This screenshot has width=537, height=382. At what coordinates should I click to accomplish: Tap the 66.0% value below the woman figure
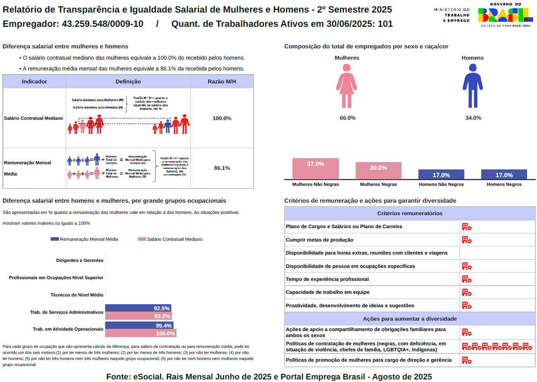tap(347, 118)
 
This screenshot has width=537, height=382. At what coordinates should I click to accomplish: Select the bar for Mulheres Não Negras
tap(315, 169)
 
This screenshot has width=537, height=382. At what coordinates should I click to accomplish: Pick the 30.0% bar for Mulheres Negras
tap(378, 171)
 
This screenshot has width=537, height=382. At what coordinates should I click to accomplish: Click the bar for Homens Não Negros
tap(441, 175)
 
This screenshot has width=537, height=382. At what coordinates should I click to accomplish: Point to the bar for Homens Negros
tap(504, 175)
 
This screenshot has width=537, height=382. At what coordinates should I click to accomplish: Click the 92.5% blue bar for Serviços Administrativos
tap(138, 308)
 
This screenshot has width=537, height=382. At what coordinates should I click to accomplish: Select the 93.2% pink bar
tap(138, 316)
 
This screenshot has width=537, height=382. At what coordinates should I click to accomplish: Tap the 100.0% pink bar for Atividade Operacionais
tap(141, 333)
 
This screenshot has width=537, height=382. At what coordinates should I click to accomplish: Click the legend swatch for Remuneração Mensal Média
tap(55, 239)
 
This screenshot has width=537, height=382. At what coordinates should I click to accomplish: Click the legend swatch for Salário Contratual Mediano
tap(142, 239)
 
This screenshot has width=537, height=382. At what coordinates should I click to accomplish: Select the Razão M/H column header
tap(222, 81)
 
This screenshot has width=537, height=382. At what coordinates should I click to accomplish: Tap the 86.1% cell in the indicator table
tap(222, 168)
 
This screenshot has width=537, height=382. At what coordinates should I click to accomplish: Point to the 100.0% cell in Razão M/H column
tap(222, 118)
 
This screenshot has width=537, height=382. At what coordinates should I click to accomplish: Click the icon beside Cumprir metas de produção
tap(466, 240)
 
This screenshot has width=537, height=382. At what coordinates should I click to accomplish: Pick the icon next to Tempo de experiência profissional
tap(466, 279)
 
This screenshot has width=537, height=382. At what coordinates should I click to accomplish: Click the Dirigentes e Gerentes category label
tap(80, 261)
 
